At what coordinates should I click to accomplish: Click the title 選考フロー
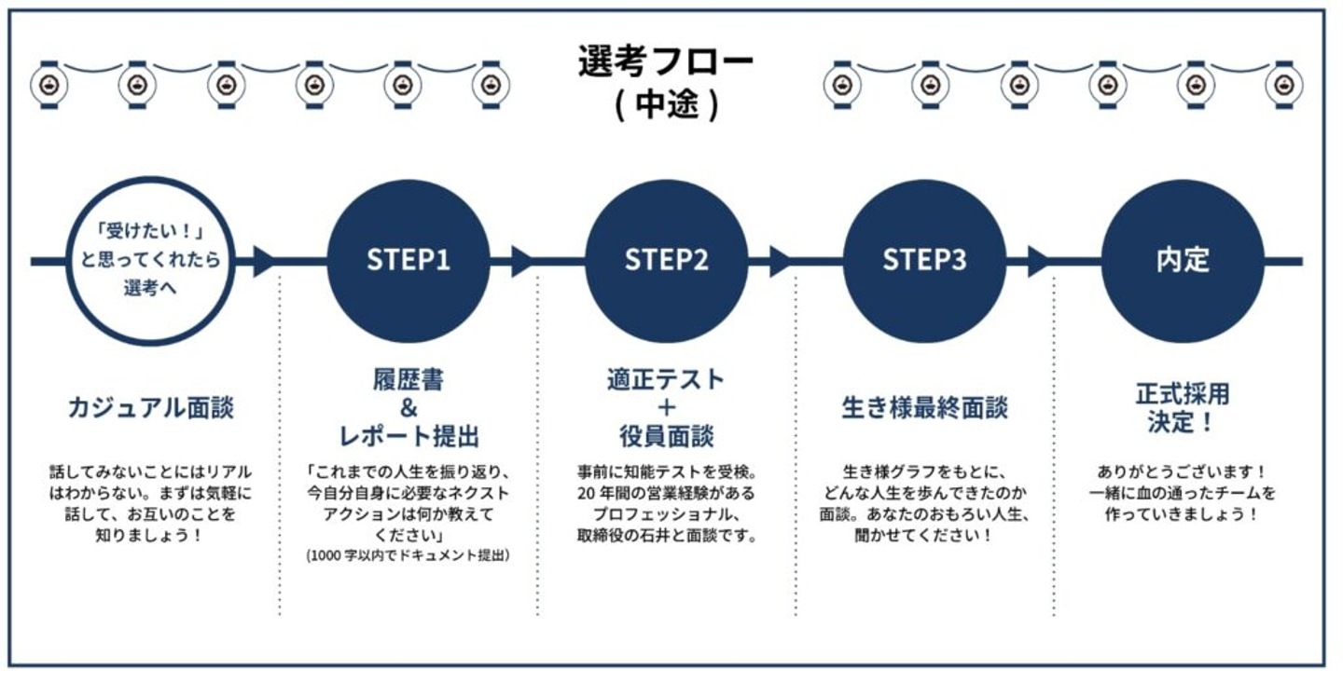click(x=665, y=62)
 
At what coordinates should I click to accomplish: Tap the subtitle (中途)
click(x=666, y=104)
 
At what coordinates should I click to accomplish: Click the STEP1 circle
click(x=408, y=260)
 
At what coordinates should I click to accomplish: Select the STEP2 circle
click(x=666, y=260)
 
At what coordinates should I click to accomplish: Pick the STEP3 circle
click(x=924, y=260)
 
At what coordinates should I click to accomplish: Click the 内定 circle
click(x=1183, y=260)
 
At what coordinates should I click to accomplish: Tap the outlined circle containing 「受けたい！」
click(x=150, y=261)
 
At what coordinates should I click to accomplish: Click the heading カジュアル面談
click(x=150, y=407)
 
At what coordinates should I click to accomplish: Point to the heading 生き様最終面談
click(x=924, y=408)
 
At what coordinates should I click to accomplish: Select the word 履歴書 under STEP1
click(x=408, y=380)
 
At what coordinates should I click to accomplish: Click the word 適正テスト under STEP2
click(x=666, y=380)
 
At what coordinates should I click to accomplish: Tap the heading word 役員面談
click(x=666, y=435)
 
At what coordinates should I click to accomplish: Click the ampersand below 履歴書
click(x=408, y=408)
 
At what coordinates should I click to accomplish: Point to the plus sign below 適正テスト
click(x=666, y=408)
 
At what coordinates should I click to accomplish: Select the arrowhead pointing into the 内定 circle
click(x=1040, y=261)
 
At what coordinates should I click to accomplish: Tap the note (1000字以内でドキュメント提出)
click(x=408, y=555)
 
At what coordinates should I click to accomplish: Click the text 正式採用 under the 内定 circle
click(x=1183, y=394)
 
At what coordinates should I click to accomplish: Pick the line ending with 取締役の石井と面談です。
click(x=666, y=536)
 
